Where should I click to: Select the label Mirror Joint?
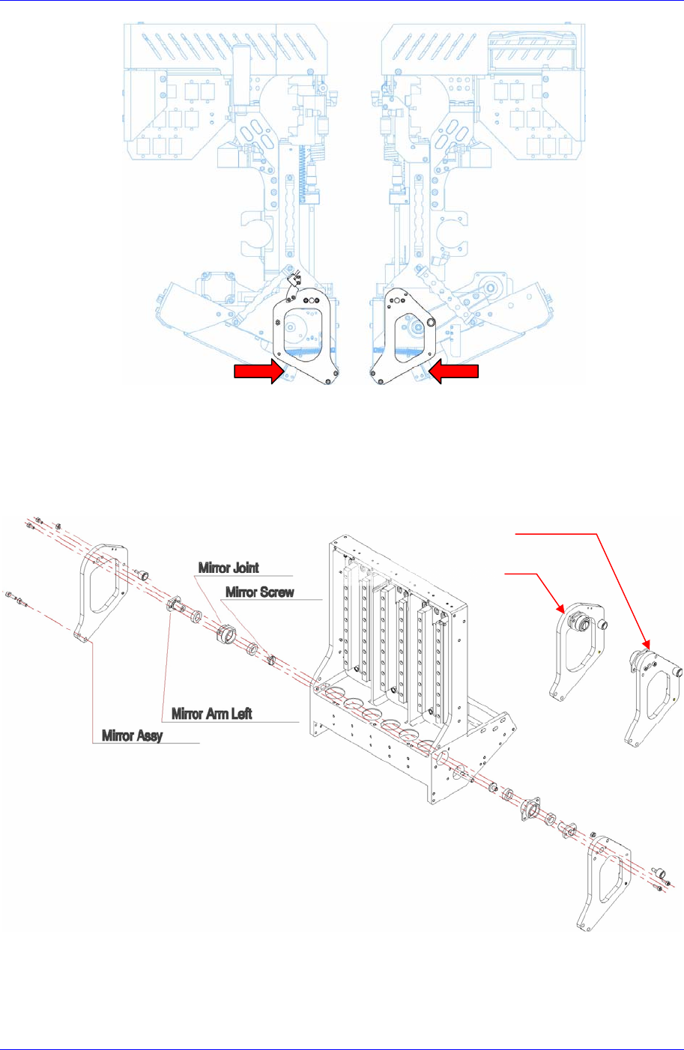pos(228,568)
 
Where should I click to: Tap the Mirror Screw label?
pos(260,592)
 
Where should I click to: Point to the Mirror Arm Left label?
pos(212,713)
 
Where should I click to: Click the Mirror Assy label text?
pos(133,735)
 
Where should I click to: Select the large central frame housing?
pos(397,674)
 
